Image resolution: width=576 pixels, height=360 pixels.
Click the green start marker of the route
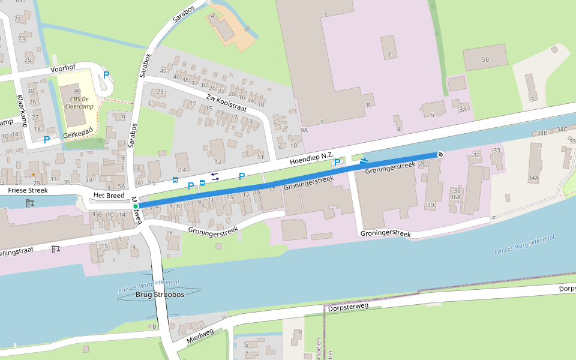pyautogui.click(x=136, y=206)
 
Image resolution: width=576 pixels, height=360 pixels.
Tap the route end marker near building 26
pyautogui.click(x=440, y=154)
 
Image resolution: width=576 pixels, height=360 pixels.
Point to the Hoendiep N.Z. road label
pyautogui.click(x=311, y=159)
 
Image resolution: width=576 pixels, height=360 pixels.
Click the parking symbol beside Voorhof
pyautogui.click(x=106, y=75)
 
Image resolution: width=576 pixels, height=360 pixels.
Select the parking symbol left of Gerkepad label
pyautogui.click(x=46, y=140)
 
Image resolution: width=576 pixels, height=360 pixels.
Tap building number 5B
pyautogui.click(x=485, y=60)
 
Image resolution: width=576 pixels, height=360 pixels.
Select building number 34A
pyautogui.click(x=533, y=178)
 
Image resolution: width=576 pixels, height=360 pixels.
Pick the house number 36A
pyautogui.click(x=455, y=197)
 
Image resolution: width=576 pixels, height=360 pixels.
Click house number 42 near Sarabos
pyautogui.click(x=162, y=71)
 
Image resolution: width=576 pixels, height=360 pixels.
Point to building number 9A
pyautogui.click(x=304, y=130)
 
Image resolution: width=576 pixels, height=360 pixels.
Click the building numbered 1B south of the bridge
pyautogui.click(x=152, y=326)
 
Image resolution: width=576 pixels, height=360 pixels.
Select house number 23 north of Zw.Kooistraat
pyautogui.click(x=160, y=92)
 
